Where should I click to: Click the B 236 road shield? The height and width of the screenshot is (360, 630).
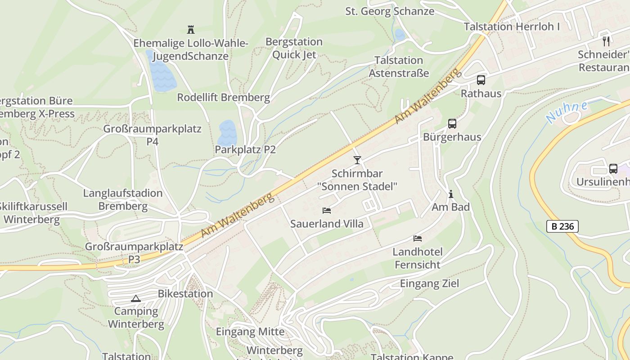click(x=562, y=226)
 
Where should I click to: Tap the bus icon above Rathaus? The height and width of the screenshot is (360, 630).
click(x=481, y=80)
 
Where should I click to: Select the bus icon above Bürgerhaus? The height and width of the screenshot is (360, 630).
click(x=452, y=124)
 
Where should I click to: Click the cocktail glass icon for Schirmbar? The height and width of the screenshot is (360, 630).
click(x=357, y=160)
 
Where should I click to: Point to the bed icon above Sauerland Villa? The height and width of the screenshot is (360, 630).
click(x=327, y=211)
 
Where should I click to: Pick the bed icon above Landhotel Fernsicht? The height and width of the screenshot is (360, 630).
click(x=418, y=238)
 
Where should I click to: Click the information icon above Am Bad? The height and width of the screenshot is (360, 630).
click(x=451, y=194)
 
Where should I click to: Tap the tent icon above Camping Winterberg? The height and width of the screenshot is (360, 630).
click(x=136, y=298)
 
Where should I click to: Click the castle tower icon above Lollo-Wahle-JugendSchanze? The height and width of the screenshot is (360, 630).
click(x=191, y=30)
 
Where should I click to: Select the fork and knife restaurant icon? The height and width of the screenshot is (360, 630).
click(x=606, y=41)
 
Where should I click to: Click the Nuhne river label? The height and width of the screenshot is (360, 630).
click(x=567, y=112)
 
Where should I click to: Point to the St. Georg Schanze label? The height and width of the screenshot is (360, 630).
click(x=390, y=11)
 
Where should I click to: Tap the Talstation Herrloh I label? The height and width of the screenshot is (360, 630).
click(x=512, y=27)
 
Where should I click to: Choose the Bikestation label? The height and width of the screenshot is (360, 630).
click(x=185, y=294)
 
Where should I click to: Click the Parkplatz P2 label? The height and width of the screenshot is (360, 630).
click(x=245, y=149)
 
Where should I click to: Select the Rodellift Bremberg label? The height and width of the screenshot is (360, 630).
click(x=223, y=97)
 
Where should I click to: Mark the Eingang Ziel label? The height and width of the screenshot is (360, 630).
click(x=429, y=283)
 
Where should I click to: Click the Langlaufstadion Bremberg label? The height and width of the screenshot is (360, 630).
click(x=123, y=200)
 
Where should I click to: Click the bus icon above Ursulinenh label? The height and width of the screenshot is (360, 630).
click(x=613, y=169)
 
